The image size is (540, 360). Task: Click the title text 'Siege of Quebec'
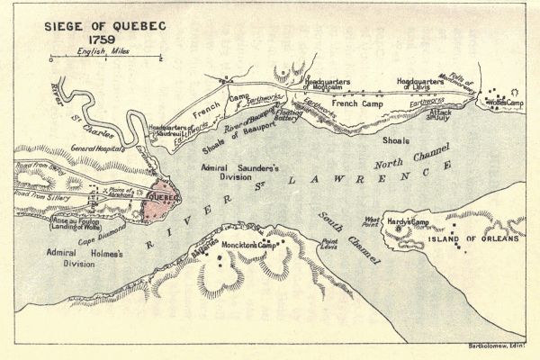pyautogui.click(x=103, y=27)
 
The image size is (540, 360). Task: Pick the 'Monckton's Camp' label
pyautogui.click(x=254, y=245)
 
